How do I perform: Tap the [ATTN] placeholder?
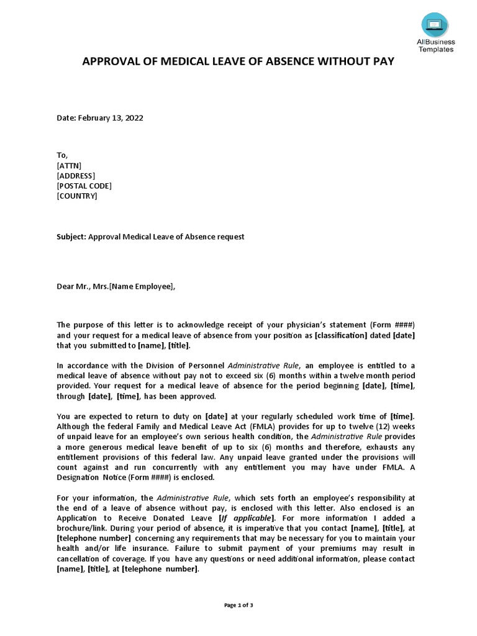click(x=69, y=165)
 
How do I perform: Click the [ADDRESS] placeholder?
click(x=76, y=176)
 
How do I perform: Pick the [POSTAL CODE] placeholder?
click(x=84, y=186)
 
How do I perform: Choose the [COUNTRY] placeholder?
click(x=77, y=196)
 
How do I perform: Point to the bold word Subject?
click(x=71, y=237)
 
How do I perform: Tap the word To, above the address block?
click(x=62, y=155)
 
